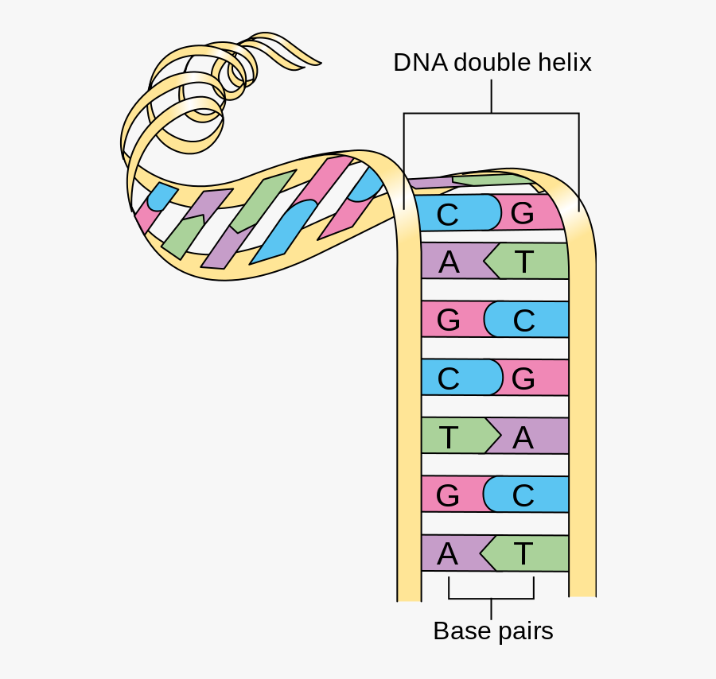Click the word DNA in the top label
[420, 63]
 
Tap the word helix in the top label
[563, 63]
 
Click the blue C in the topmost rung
[448, 214]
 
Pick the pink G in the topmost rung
[522, 214]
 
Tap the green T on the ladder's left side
[449, 436]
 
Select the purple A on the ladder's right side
[523, 436]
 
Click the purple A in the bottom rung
[448, 553]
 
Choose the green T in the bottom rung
[523, 553]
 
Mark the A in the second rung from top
[449, 262]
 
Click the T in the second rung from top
[523, 262]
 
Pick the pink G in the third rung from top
[449, 320]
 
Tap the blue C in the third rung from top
[523, 320]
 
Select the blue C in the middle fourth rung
[449, 378]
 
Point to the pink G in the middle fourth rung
[523, 378]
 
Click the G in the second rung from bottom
[448, 495]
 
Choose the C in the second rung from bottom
[523, 495]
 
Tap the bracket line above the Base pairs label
[491, 598]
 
